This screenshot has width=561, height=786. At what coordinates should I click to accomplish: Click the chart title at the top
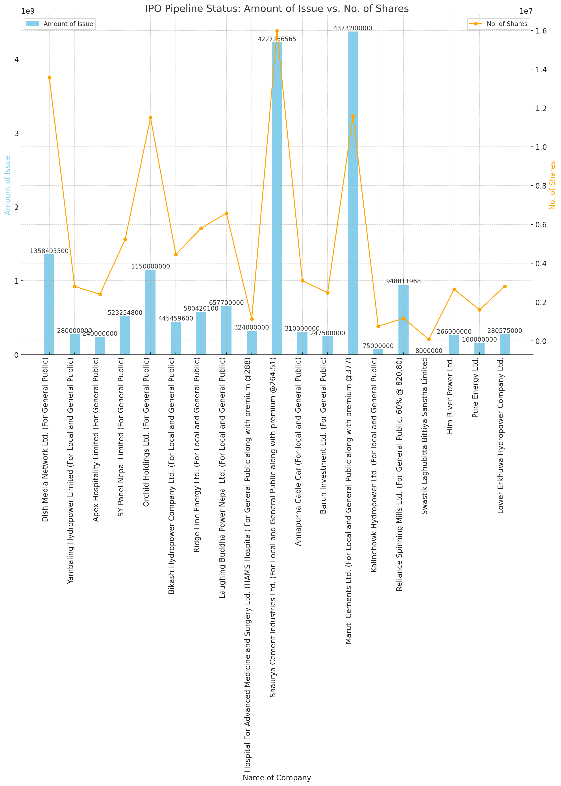click(x=277, y=9)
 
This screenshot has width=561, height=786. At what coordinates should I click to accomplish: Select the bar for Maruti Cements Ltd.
click(x=353, y=193)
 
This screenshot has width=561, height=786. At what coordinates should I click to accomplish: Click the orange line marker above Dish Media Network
click(x=49, y=77)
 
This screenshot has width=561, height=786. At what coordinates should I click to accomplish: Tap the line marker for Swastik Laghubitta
click(x=429, y=339)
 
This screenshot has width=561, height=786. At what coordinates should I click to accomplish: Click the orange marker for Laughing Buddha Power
click(x=226, y=213)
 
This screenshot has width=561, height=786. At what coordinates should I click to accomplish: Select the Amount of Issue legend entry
click(x=60, y=24)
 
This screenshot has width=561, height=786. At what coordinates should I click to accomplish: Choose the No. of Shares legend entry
click(x=499, y=24)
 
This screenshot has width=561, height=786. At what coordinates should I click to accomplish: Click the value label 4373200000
click(x=353, y=28)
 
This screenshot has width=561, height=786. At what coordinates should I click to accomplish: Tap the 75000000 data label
click(x=378, y=346)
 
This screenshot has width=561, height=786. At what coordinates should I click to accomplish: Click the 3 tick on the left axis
click(x=16, y=133)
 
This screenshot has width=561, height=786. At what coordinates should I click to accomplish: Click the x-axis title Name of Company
click(x=277, y=777)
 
